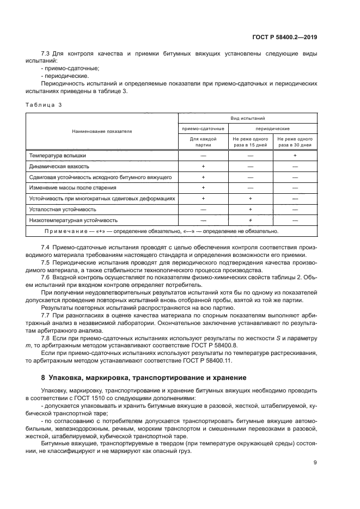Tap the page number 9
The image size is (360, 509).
click(315, 463)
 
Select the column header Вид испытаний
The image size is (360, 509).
click(248, 118)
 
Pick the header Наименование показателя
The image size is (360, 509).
click(102, 131)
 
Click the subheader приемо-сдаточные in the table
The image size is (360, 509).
click(203, 128)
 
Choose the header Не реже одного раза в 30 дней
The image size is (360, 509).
click(295, 143)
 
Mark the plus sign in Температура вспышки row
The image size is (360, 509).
click(295, 156)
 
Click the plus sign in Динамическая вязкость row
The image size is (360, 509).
click(203, 167)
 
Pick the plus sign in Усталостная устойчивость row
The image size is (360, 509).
click(251, 210)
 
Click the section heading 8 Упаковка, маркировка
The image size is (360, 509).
click(136, 378)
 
